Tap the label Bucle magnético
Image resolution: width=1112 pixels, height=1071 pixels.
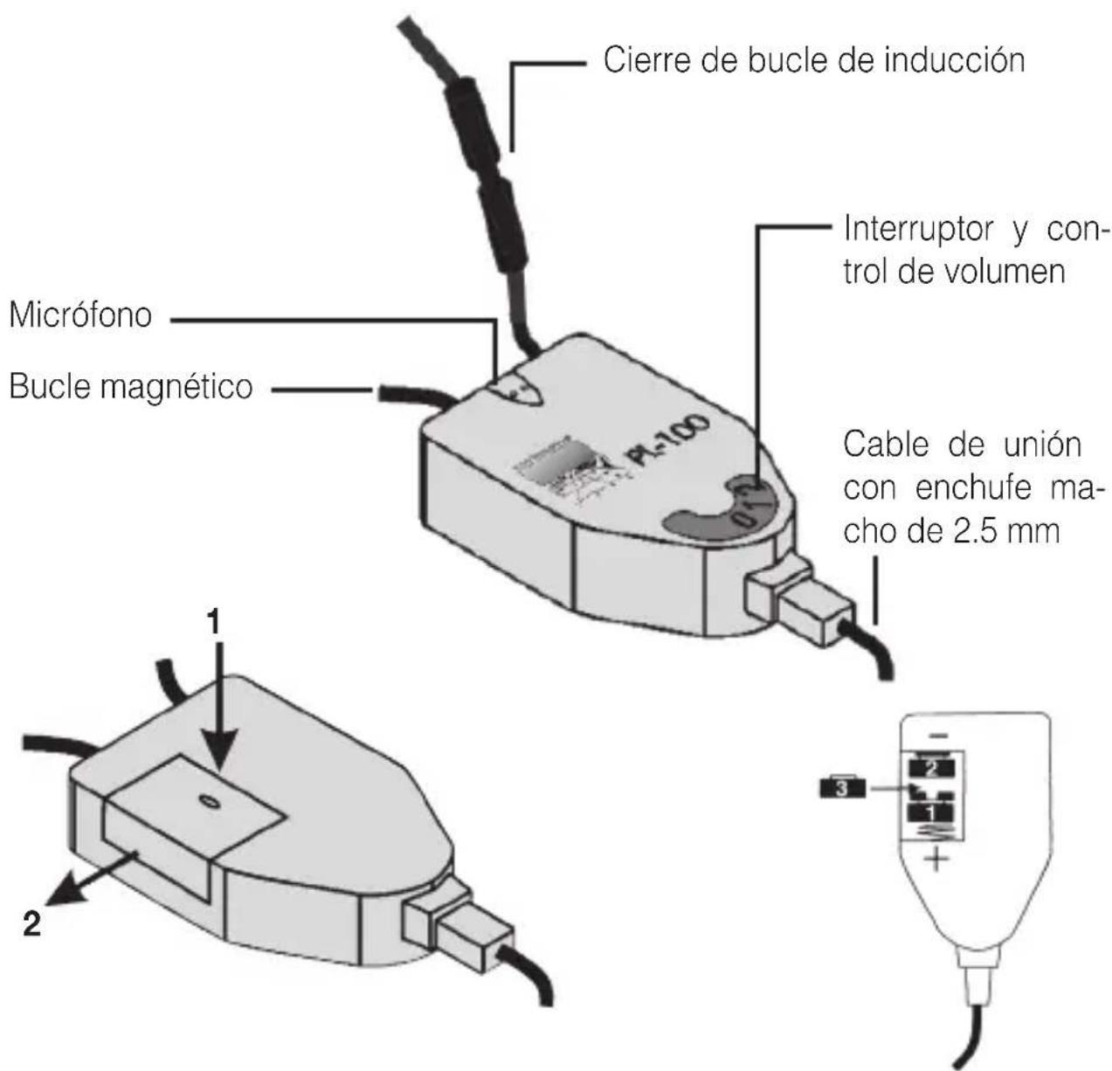[x=131, y=386]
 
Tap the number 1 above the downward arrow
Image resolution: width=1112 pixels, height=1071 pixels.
[x=214, y=623]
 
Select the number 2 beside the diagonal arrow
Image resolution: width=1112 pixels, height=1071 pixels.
[x=31, y=924]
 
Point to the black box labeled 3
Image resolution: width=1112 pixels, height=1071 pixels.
[x=841, y=787]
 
